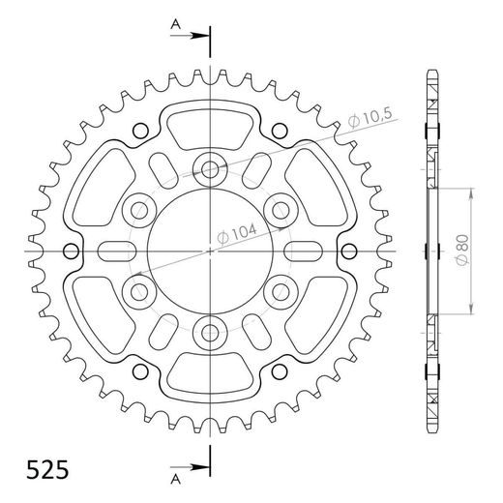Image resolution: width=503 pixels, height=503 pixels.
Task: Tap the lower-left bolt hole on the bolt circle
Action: pos(138,292)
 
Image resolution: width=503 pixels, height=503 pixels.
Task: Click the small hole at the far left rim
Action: pos(71,251)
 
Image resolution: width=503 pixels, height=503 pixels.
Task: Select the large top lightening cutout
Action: pos(210,122)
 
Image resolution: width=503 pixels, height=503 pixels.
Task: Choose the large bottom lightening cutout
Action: pos(210,379)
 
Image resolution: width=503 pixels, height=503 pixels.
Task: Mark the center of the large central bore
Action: pos(210,251)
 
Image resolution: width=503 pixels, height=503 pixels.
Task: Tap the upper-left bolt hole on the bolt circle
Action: pos(138,209)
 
